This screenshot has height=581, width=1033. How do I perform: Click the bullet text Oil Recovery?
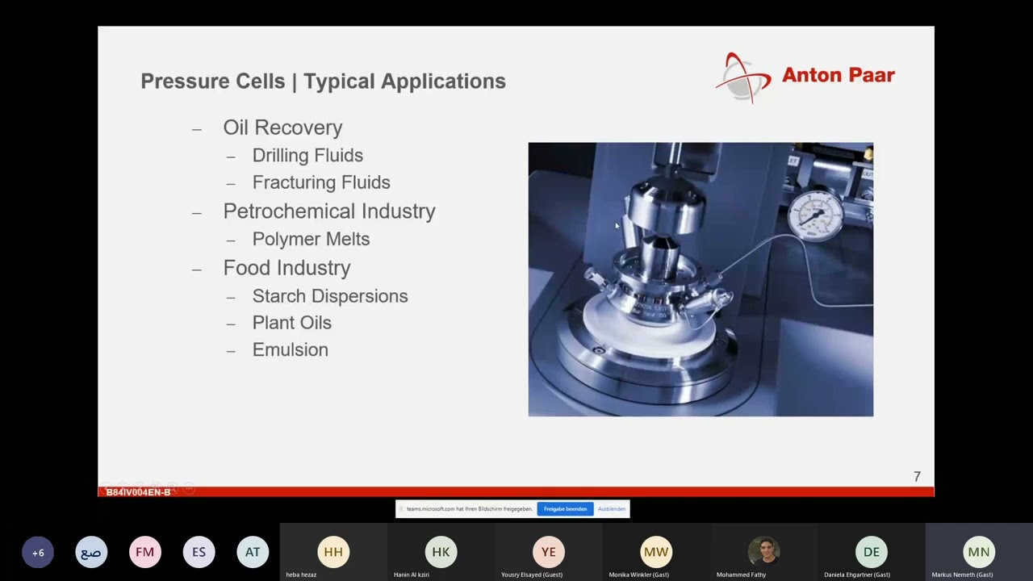[282, 127]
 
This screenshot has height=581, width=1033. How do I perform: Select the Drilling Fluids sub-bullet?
[307, 155]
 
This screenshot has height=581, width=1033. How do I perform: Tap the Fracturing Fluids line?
[321, 182]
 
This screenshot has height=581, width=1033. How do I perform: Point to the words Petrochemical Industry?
[329, 211]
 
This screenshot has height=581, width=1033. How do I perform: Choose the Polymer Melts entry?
[311, 239]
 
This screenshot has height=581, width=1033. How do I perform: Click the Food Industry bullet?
[286, 268]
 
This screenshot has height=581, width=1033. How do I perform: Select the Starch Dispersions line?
[330, 296]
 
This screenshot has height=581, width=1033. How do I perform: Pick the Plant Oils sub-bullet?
[291, 323]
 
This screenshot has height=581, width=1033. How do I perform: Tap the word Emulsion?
[290, 349]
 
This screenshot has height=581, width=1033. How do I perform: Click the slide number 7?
[917, 477]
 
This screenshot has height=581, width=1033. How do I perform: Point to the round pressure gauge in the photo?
[816, 214]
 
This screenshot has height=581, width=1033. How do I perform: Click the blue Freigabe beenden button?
[565, 509]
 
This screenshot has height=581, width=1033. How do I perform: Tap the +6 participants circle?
[38, 553]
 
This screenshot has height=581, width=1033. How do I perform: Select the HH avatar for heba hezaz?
[333, 552]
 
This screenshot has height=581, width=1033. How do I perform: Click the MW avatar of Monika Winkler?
[655, 552]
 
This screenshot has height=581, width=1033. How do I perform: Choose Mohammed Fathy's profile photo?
[763, 552]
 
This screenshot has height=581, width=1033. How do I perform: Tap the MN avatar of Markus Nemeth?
[978, 552]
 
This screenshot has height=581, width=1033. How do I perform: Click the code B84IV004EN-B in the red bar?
[138, 492]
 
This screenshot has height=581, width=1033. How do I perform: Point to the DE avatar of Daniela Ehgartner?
[871, 552]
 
